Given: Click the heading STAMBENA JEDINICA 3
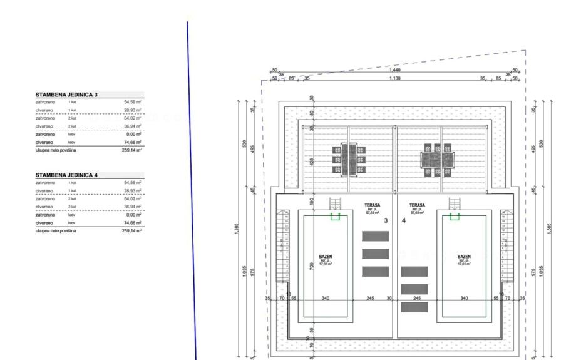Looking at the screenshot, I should click(66, 95).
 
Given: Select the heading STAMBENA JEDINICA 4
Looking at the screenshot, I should click(66, 175).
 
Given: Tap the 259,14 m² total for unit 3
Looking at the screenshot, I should click(133, 150).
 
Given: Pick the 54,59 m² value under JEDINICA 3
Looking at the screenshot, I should click(133, 101).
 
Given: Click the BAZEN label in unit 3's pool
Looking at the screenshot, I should click(325, 257).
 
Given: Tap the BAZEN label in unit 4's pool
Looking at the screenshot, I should click(464, 257).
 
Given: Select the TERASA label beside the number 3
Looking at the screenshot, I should click(373, 205).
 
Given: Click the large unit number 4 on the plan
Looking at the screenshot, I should click(403, 220).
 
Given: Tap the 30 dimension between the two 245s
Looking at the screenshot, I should click(389, 299).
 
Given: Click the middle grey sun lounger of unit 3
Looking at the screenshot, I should click(375, 254).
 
